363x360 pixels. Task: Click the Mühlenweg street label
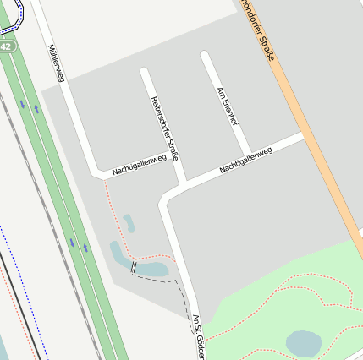(x=57, y=64)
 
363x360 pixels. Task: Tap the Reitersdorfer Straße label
(x=164, y=128)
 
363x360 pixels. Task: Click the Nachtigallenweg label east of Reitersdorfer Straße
(x=245, y=159)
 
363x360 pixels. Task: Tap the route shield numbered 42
(x=7, y=47)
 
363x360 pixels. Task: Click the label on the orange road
(x=258, y=30)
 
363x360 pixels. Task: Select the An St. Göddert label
(x=200, y=336)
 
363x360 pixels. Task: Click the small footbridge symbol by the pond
(x=133, y=267)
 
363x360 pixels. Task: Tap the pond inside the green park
(x=303, y=343)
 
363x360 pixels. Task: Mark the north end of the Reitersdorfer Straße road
(x=145, y=72)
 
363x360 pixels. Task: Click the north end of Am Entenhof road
(x=204, y=55)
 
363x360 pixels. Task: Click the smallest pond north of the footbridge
(x=129, y=222)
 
